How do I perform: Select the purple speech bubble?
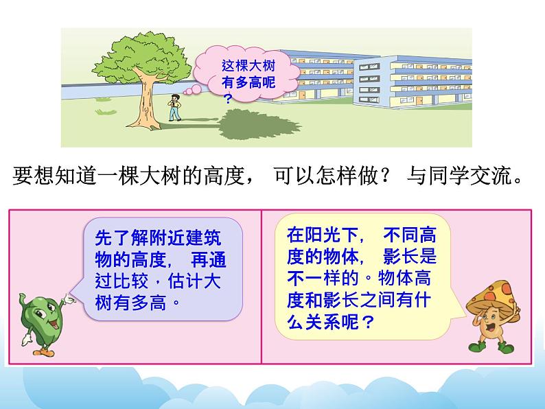(161, 268)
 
